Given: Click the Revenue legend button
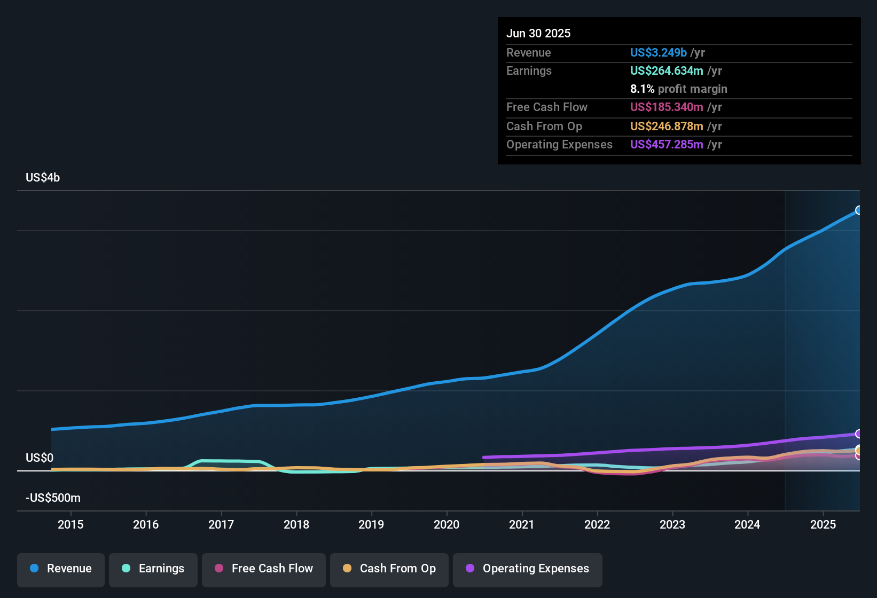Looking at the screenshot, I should click(61, 569).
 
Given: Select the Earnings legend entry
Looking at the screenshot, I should click(153, 569).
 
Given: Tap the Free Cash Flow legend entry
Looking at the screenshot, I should click(264, 569).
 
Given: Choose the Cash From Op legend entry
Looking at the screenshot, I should click(389, 569).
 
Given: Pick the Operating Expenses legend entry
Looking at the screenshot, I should click(528, 569).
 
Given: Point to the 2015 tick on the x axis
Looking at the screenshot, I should click(71, 524).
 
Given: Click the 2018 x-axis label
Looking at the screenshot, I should click(296, 524).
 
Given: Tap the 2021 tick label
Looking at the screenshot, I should click(522, 524).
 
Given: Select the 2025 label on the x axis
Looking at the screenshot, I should click(823, 524).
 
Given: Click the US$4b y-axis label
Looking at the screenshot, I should click(43, 178).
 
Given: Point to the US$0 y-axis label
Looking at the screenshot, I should click(40, 458).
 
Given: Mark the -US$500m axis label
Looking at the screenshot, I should click(53, 498).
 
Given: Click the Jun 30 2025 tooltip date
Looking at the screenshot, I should click(538, 33).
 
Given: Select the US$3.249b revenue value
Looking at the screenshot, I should click(658, 52).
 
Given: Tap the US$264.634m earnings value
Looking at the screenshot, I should click(666, 70).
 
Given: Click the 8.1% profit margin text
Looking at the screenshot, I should click(678, 89).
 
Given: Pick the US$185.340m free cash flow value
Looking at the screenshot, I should click(666, 107).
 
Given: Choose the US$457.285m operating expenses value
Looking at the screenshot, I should click(666, 144).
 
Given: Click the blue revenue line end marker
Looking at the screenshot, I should click(858, 210).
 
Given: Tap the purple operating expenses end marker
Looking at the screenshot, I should click(858, 434).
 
